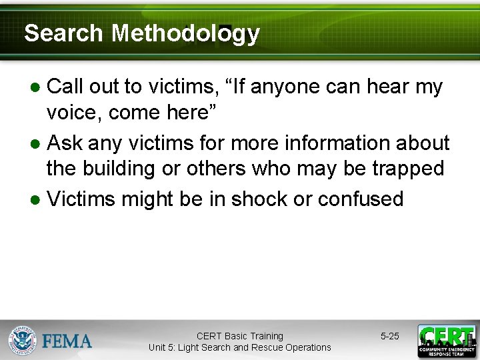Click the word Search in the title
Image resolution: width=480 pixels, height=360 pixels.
click(x=63, y=33)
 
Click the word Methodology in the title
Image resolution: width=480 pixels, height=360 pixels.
click(x=185, y=33)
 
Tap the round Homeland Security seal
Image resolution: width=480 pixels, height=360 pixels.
click(x=22, y=341)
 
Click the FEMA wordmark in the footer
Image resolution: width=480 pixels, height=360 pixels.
click(x=67, y=341)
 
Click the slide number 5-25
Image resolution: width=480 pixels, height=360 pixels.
click(x=390, y=336)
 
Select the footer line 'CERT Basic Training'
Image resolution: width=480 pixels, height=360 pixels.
click(x=239, y=336)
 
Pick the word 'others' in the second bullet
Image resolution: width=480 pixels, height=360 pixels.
click(x=216, y=169)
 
